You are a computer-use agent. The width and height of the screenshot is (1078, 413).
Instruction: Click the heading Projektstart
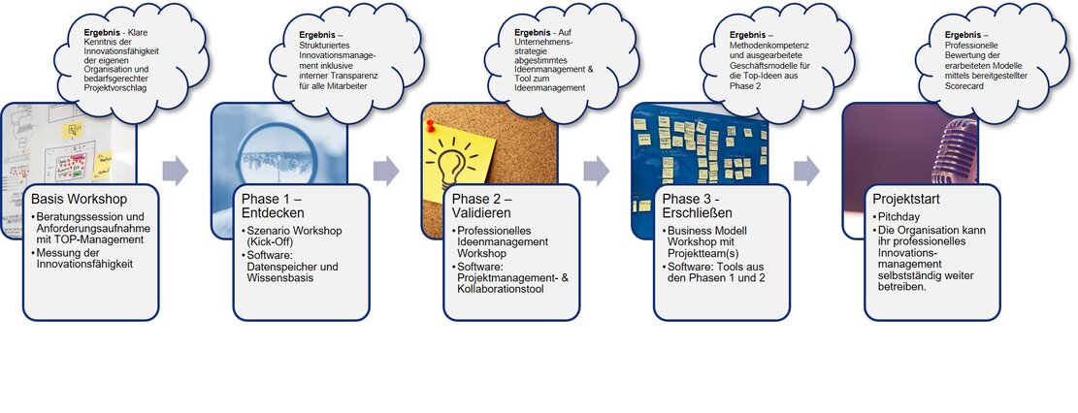click(x=906, y=199)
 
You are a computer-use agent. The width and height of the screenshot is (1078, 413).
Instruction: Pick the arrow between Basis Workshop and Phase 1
click(x=175, y=171)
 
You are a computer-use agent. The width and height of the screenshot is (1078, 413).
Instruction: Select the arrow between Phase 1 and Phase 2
click(x=385, y=171)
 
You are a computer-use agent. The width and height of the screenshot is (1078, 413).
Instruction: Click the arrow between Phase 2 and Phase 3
click(x=596, y=171)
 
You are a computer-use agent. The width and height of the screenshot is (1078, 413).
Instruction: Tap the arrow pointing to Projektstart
click(x=806, y=171)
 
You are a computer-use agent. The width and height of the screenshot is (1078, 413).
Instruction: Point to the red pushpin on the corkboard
click(x=432, y=126)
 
